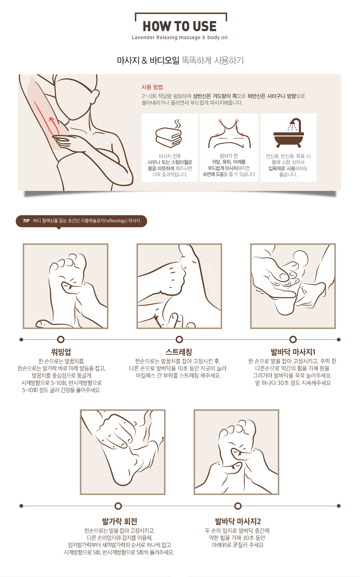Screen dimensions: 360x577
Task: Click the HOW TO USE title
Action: (179, 26)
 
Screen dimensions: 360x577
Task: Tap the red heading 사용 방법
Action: (152, 87)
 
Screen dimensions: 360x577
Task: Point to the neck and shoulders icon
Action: (229, 133)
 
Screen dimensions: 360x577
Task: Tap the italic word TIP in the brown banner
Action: (26, 221)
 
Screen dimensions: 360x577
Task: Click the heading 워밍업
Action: (61, 352)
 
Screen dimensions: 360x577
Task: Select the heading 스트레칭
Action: (179, 352)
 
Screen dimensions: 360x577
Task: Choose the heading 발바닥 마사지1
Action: (293, 352)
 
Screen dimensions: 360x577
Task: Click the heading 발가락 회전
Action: (120, 521)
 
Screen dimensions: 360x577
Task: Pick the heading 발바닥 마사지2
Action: (238, 521)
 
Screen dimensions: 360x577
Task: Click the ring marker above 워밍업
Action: (61, 340)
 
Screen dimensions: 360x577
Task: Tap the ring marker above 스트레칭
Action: (179, 340)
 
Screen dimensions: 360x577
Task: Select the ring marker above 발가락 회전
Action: (118, 506)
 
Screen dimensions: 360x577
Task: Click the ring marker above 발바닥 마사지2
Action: (238, 506)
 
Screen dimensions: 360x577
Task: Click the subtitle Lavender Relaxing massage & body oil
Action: (180, 37)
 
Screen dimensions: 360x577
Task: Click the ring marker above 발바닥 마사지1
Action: (293, 340)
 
